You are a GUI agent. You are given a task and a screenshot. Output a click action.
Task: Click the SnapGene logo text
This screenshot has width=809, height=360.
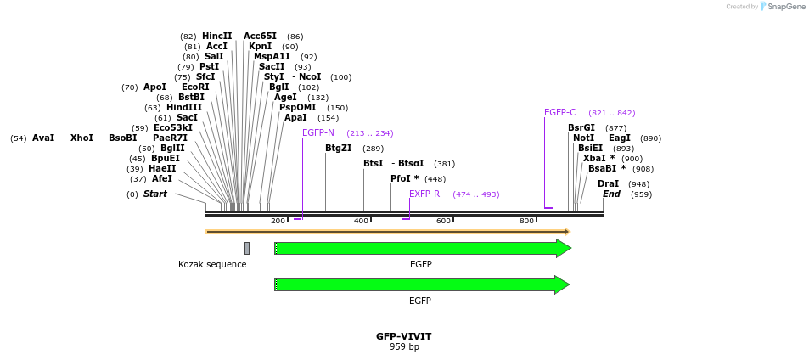coord(785,7)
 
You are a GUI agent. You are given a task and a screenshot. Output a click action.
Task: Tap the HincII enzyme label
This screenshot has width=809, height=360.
coord(216,37)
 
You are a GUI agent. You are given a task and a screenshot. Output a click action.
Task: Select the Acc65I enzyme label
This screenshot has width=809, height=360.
coord(260,37)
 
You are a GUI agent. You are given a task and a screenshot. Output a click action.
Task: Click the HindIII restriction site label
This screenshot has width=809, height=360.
coord(184,108)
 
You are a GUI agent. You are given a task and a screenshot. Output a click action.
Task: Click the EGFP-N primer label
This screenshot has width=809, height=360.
coord(318,133)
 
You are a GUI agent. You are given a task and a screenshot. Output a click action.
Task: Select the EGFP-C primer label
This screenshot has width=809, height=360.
coord(559,113)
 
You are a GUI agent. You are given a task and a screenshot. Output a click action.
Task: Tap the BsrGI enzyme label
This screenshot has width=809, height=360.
coord(581,128)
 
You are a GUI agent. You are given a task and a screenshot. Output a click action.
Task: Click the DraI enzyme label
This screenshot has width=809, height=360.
coord(608,184)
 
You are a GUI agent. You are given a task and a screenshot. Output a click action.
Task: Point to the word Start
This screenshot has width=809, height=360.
coord(154,194)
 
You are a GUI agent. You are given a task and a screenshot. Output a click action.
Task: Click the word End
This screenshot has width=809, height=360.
coord(611,194)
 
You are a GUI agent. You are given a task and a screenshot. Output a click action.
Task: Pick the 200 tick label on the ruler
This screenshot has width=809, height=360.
coord(278,222)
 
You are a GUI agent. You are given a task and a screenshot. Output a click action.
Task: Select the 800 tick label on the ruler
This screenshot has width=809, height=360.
coord(526,222)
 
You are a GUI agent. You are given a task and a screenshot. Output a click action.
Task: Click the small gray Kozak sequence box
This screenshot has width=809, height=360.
coord(247,248)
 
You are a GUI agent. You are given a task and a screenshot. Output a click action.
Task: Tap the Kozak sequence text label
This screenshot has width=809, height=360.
coord(212,265)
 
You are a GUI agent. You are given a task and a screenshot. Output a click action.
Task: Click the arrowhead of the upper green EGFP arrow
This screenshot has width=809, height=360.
coord(563,248)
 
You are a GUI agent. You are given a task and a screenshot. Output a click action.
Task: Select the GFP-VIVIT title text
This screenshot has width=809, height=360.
coord(404,336)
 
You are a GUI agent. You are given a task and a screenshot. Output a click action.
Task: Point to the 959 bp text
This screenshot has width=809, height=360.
coord(404,347)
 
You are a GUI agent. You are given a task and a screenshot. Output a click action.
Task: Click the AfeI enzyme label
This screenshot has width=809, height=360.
coord(162,179)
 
